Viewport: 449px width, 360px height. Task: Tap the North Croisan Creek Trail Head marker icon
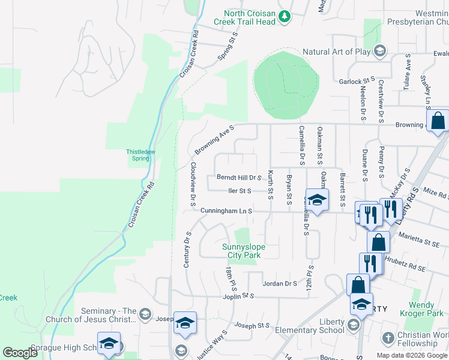coord(286,16)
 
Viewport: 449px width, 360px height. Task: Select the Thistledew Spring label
coord(141,155)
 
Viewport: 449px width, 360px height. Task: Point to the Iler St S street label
coord(240,191)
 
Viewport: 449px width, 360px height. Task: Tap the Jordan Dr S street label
coord(280,283)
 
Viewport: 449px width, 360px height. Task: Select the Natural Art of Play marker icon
coord(379,51)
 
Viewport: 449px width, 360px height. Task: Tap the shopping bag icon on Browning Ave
coord(438,121)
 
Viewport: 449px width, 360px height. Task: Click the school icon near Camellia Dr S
coord(316,200)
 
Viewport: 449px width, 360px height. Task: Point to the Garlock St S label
coord(357,80)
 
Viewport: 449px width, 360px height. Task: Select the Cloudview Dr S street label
coord(193,180)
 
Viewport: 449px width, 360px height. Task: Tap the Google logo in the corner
coord(20,353)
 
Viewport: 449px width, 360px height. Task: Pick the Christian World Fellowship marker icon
coord(388,338)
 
